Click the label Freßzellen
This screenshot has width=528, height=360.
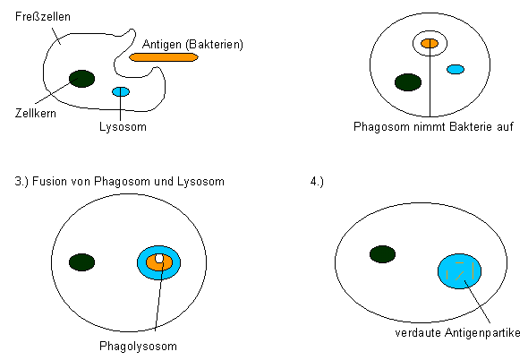coord(43,16)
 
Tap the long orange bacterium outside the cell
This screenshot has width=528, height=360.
coord(164,57)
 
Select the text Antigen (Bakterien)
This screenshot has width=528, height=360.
coord(192,45)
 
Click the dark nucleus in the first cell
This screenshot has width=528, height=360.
coord(81,79)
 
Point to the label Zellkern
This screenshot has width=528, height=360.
coord(36,113)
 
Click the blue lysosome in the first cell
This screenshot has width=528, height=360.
coord(121,91)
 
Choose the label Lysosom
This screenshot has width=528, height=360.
coord(123,127)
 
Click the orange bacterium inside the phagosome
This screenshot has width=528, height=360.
coord(430,44)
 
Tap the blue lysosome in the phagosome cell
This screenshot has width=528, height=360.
coord(456,70)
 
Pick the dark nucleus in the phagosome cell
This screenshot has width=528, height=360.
coord(408,82)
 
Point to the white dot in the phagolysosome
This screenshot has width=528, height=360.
coord(159,259)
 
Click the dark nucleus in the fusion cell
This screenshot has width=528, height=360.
coord(81,262)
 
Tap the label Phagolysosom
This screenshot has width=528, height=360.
coord(138,347)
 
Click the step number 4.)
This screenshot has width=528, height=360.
coord(317,182)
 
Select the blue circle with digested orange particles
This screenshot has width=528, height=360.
coord(459,271)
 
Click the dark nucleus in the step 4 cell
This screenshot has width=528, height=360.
coord(382,254)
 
